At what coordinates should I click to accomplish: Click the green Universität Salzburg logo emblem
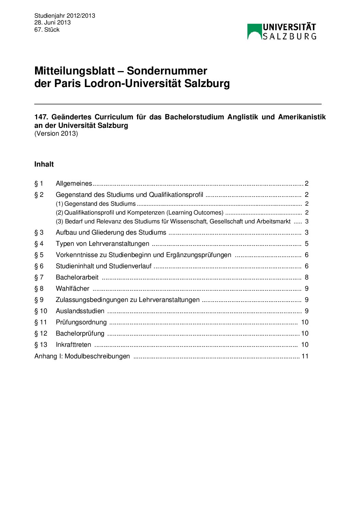tap(254, 32)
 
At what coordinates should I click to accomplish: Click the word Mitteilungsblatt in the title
tap(75, 71)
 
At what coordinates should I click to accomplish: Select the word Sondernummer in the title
tap(167, 71)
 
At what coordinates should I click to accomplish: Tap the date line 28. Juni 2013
tap(52, 22)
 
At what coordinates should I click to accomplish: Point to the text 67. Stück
tap(47, 30)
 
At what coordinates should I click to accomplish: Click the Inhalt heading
tap(44, 164)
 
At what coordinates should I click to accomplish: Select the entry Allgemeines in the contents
tap(74, 184)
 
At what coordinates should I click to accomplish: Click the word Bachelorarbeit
tap(77, 277)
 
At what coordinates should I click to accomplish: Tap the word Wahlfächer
tap(72, 289)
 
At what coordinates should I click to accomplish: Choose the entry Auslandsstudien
tap(80, 311)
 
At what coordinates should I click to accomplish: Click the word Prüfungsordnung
tap(81, 322)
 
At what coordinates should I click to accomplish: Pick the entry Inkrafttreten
tap(73, 345)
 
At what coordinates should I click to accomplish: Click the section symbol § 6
tap(39, 266)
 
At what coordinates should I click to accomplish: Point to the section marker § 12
tap(41, 334)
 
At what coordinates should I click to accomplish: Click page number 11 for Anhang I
tap(305, 356)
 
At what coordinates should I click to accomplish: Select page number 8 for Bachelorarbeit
tap(307, 277)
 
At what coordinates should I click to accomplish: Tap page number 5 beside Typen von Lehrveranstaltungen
tap(307, 244)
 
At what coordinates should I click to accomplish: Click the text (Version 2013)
tap(56, 134)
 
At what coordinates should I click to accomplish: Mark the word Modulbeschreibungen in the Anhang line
tap(97, 356)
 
